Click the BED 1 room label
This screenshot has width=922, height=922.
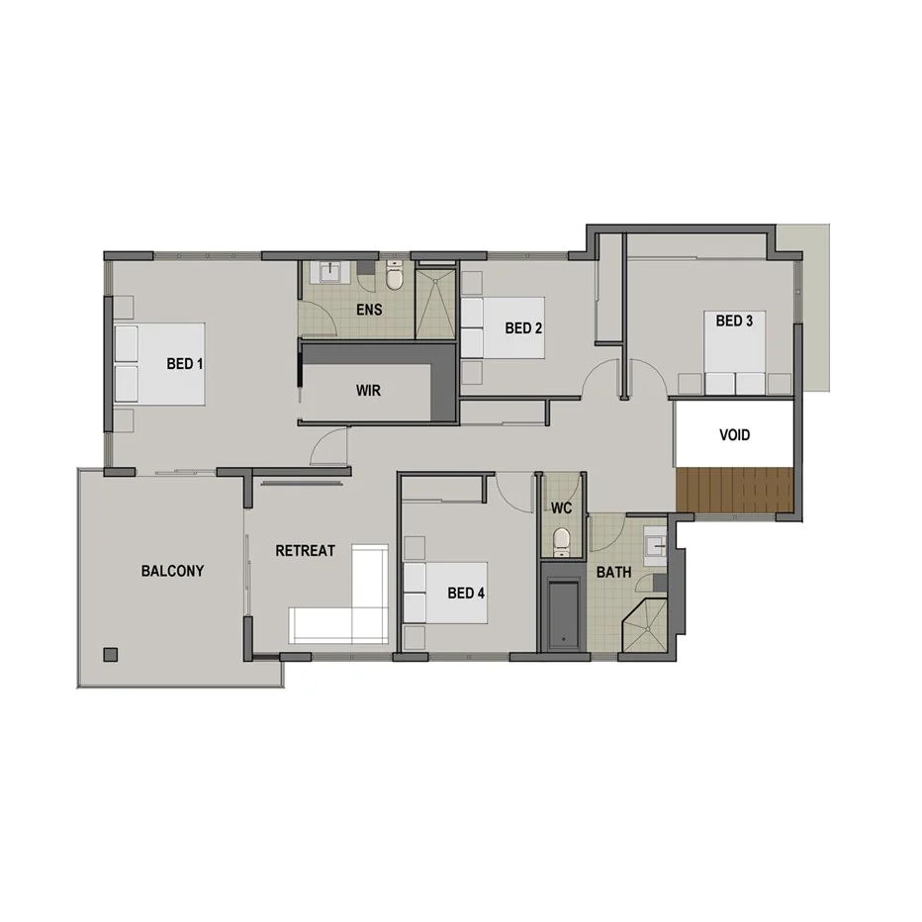[x=185, y=364]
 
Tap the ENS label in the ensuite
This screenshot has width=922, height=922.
[x=370, y=310]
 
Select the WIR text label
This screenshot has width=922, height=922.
[x=368, y=391]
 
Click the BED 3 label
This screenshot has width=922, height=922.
[x=735, y=321]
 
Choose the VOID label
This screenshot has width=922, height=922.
[x=734, y=435]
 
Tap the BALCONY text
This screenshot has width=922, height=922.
[x=172, y=571]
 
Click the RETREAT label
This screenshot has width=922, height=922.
[x=305, y=551]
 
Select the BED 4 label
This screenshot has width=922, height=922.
[x=467, y=594]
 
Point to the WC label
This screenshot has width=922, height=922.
[x=562, y=508]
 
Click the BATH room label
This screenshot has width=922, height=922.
[x=613, y=572]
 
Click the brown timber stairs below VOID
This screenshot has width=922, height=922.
[x=735, y=491]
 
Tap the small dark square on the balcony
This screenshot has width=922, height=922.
[x=110, y=654]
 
